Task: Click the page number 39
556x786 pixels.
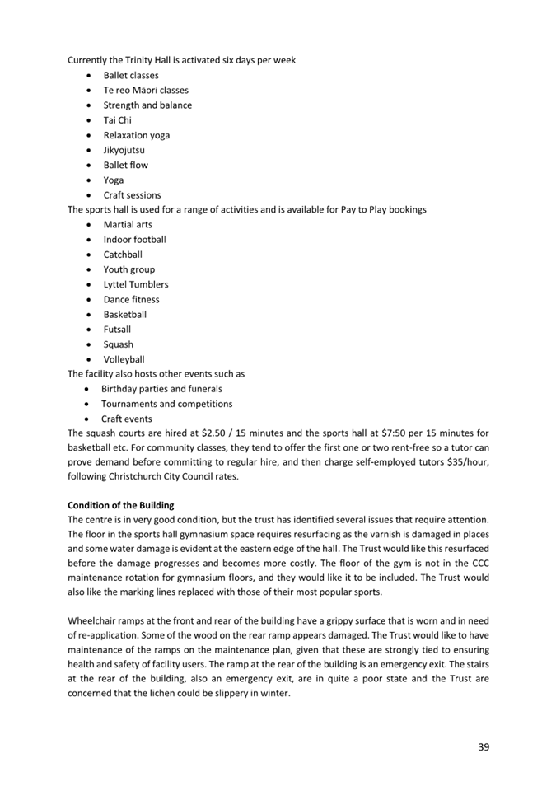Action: point(484,746)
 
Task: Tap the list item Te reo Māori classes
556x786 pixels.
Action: point(146,90)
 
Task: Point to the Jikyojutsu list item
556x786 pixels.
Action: point(124,150)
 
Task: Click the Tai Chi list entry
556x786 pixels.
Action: point(117,120)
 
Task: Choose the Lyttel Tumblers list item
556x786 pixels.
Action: point(136,284)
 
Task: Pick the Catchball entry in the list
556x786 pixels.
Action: point(123,255)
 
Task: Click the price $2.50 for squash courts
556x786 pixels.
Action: point(213,433)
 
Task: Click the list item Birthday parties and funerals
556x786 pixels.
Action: point(161,389)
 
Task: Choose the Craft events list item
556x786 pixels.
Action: point(127,419)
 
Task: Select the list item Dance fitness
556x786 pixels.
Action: point(132,299)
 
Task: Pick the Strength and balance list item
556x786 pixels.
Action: point(147,105)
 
